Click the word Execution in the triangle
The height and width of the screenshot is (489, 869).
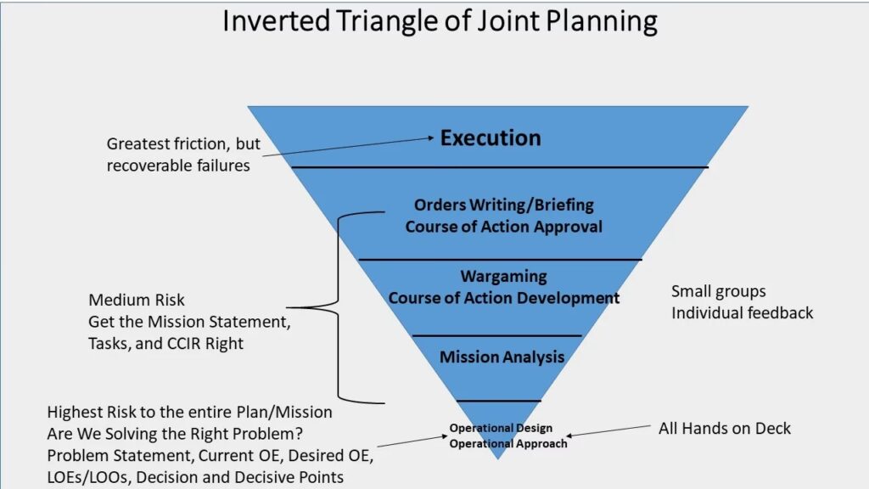491,138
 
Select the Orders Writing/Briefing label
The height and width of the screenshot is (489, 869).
504,205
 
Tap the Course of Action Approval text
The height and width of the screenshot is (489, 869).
504,227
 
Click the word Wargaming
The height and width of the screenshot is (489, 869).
504,276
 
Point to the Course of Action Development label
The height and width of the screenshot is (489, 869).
504,298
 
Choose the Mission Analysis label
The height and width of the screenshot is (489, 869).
502,357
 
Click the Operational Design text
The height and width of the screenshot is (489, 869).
501,428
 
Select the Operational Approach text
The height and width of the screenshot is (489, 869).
508,443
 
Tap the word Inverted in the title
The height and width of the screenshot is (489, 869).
276,21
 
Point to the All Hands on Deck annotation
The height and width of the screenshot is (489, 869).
725,429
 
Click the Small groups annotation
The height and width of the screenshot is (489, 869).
718,292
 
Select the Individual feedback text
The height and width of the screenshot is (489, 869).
742,313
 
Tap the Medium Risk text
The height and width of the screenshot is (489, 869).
137,300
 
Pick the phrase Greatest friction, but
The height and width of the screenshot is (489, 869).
183,144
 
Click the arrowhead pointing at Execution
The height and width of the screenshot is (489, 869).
430,138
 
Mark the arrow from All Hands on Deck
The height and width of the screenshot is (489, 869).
608,430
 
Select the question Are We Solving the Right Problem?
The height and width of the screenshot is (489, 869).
175,434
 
